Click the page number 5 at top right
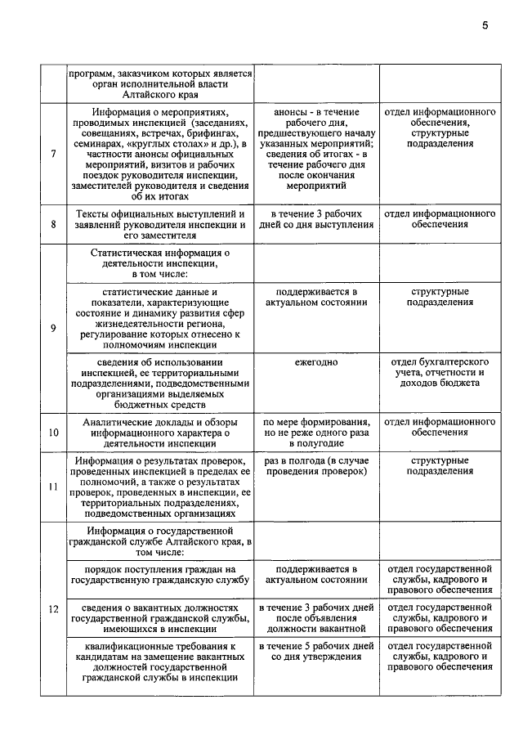(485, 25)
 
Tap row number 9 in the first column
(53, 328)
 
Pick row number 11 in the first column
(53, 487)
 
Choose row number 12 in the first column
(53, 609)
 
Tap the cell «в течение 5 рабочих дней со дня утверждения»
(315, 651)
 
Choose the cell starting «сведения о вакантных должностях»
(161, 619)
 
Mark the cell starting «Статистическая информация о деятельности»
(161, 263)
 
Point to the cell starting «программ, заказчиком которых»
(161, 83)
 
